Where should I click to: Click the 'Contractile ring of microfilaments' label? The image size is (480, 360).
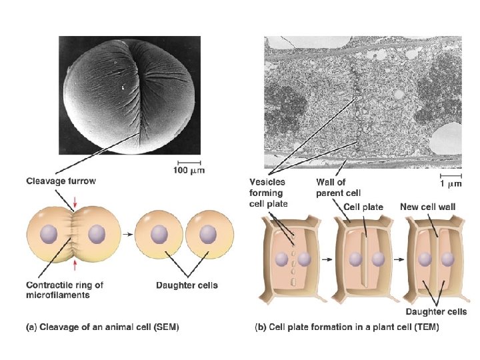(65, 289)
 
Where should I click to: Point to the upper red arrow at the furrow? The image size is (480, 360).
(75, 200)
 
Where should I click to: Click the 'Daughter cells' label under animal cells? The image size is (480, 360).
(186, 285)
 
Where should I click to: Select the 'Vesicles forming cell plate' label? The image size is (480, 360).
(268, 192)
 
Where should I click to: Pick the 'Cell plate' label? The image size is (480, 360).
(364, 207)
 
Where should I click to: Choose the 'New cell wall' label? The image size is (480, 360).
(427, 207)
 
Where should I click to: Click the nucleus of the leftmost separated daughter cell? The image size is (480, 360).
(159, 235)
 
